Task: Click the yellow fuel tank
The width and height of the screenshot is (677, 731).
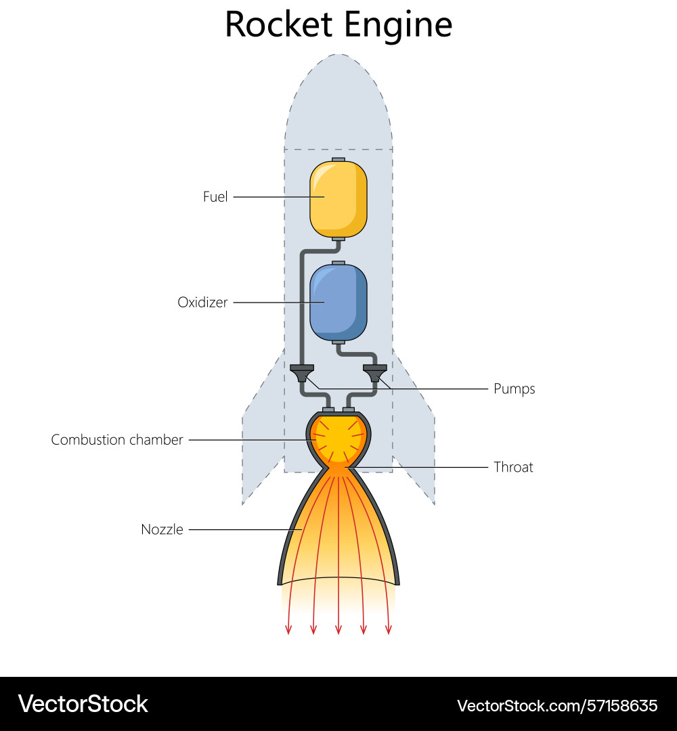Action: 338,198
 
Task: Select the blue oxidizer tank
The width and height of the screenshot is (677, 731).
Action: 338,303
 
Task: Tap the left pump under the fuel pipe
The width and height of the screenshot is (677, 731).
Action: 301,372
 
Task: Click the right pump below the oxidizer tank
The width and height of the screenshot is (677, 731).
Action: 375,372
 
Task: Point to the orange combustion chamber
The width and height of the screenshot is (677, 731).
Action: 338,439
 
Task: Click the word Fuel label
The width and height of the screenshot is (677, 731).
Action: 215,197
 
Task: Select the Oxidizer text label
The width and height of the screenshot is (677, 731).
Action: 202,303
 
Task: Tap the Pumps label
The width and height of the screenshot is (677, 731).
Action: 514,389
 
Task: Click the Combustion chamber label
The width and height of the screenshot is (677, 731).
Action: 117,440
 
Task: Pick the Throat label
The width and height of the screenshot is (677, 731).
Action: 513,467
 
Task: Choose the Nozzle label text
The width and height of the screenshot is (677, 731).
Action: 162,529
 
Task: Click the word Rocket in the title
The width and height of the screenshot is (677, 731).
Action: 279,24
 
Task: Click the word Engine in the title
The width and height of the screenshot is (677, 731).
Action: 398,26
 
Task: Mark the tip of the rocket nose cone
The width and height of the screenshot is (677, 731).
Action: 338,56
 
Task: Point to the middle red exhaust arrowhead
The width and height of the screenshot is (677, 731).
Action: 338,630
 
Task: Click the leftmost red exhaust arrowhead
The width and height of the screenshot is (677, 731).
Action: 288,630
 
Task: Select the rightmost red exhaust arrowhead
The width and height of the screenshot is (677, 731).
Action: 389,630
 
